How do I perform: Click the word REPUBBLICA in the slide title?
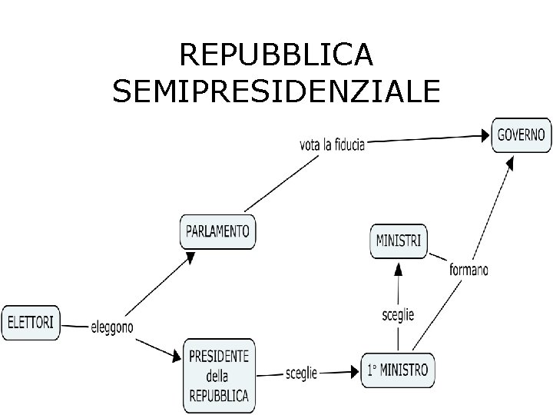(276, 55)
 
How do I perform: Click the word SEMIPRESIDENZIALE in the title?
(276, 91)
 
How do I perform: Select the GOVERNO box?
(521, 134)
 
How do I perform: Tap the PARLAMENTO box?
(218, 231)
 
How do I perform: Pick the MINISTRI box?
(398, 241)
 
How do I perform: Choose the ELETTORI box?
(31, 323)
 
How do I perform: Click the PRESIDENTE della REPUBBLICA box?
(219, 376)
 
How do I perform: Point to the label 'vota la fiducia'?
(332, 144)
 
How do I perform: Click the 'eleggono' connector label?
(111, 327)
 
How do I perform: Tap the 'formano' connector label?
(469, 269)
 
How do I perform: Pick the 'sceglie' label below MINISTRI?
(398, 314)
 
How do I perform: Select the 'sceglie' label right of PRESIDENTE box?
(301, 372)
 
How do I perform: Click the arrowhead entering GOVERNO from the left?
(485, 136)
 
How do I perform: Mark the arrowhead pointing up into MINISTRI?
(398, 267)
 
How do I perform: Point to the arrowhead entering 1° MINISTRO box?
(356, 373)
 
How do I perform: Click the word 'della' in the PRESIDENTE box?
(217, 376)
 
